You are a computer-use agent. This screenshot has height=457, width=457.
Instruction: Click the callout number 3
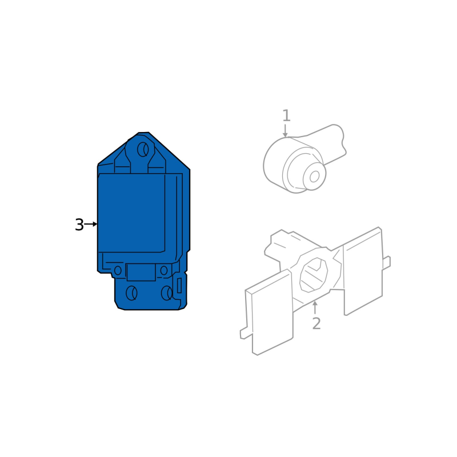pyautogui.click(x=79, y=225)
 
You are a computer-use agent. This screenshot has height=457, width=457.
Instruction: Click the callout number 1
pyautogui.click(x=286, y=116)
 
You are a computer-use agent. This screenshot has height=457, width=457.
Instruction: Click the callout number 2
pyautogui.click(x=316, y=323)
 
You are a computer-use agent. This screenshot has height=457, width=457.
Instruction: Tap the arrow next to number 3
pyautogui.click(x=91, y=224)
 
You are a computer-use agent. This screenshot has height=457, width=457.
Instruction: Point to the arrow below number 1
pyautogui.click(x=285, y=131)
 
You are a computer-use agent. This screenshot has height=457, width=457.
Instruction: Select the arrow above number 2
pyautogui.click(x=315, y=307)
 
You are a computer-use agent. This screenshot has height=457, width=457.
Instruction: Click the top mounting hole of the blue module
pyautogui.click(x=143, y=150)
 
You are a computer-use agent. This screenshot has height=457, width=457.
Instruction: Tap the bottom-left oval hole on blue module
pyautogui.click(x=131, y=293)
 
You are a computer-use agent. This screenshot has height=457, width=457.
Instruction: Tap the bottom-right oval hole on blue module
pyautogui.click(x=167, y=293)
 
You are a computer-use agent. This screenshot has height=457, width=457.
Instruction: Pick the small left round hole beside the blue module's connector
pyautogui.click(x=118, y=270)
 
